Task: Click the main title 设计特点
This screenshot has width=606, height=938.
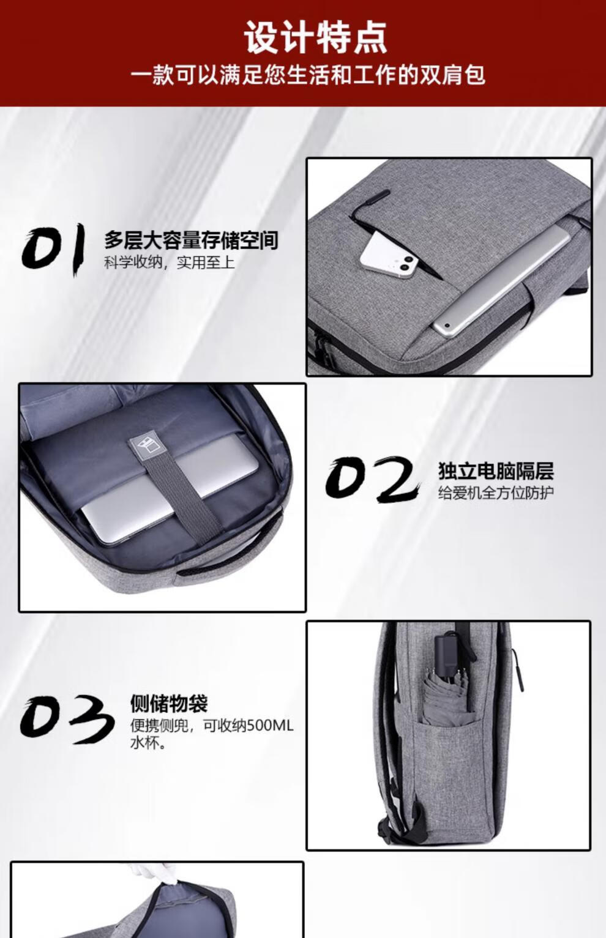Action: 315,38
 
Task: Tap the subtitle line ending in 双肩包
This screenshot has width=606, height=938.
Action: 308,75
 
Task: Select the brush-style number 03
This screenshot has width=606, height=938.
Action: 67,718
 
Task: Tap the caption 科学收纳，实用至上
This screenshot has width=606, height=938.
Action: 169,262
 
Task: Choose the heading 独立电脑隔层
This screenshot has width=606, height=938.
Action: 496,471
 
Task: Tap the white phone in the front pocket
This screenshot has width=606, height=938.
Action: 393,257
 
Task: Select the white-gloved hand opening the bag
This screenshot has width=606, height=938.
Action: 154,874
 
